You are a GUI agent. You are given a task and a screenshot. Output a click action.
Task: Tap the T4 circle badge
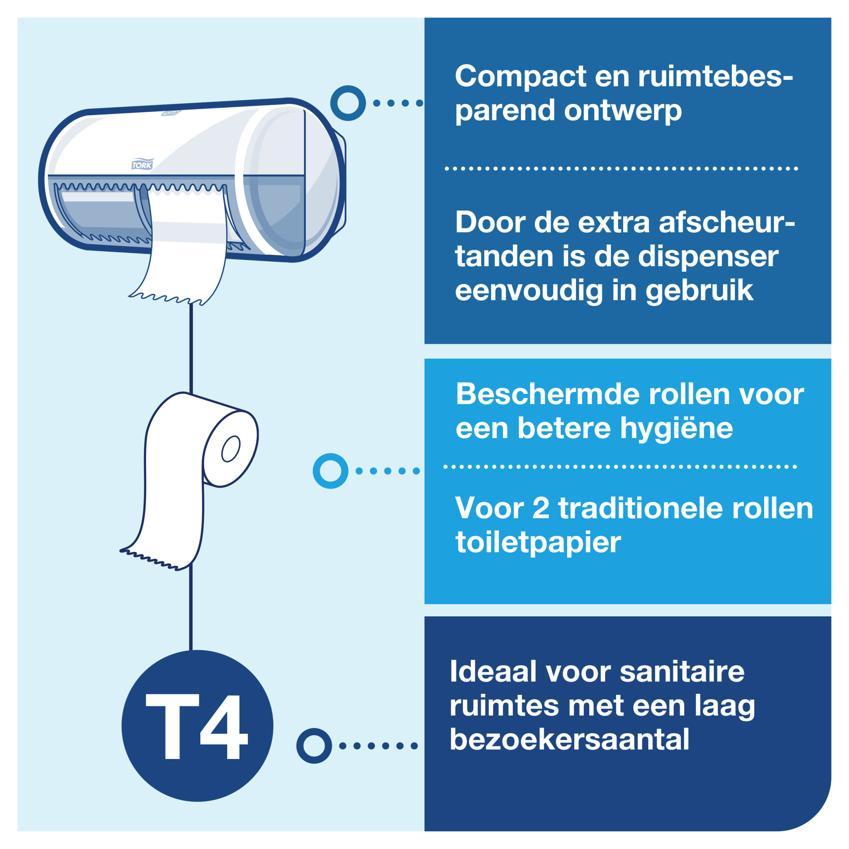click(197, 725)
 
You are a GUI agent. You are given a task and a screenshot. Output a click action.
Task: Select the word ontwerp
click(623, 111)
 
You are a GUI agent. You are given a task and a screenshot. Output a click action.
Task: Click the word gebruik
click(699, 291)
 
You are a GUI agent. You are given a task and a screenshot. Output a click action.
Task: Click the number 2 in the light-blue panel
click(540, 509)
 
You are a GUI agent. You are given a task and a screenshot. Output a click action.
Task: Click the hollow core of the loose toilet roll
click(230, 449)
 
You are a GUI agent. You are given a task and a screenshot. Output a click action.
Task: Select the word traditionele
click(641, 509)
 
